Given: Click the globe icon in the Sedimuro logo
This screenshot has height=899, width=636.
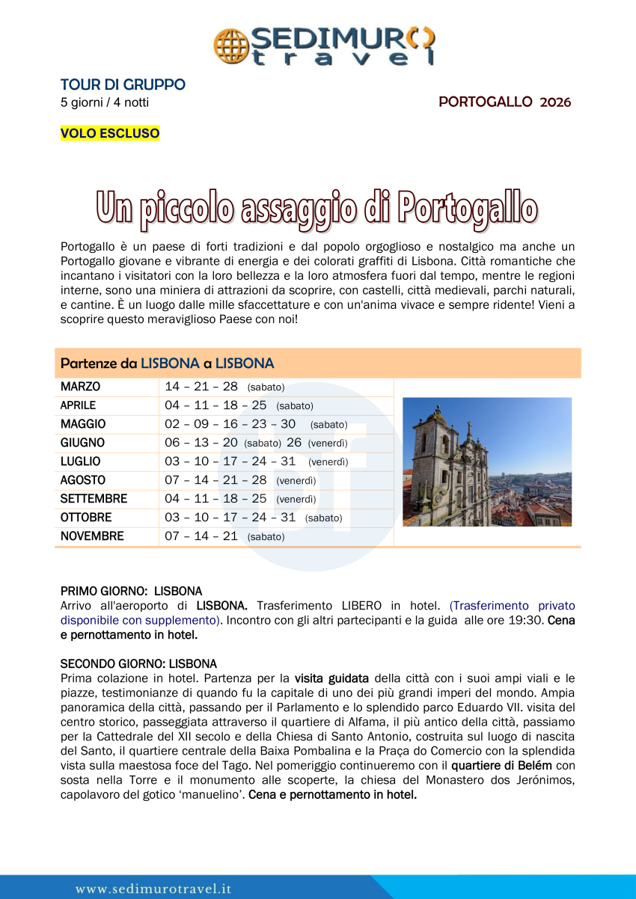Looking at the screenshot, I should coord(231,45).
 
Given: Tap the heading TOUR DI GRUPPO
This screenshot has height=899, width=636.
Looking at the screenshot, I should coord(123,85).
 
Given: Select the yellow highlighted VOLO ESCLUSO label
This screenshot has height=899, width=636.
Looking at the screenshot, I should coord(110,133).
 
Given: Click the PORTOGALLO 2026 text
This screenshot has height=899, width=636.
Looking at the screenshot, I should coord(504,102).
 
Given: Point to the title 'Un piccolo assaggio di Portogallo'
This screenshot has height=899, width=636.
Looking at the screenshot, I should coord(317,207).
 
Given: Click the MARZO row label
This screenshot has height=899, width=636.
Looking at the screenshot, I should coord(80,387).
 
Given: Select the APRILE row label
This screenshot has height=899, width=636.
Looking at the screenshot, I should coord(79,405).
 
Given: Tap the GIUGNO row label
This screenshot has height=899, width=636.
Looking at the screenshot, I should coord(82,443).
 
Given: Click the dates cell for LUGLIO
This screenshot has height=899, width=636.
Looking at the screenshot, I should coord(256,461).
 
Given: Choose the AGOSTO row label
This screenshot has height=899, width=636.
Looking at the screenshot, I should coord(83,480).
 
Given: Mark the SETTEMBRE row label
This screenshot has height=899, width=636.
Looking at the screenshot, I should coord(94,498).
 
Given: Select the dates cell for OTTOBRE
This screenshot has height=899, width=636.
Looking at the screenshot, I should coord(253,517).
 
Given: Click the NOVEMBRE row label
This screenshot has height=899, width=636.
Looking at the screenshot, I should coord(92,536).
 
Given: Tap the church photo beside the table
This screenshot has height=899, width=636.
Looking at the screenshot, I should coord(486,461).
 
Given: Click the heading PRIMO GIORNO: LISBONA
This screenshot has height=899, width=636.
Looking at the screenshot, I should coord(131,591).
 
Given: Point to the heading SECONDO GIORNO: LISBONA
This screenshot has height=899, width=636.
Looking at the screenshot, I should coord(138,663).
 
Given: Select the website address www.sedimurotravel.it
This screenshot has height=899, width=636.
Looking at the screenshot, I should coord(153,889).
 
